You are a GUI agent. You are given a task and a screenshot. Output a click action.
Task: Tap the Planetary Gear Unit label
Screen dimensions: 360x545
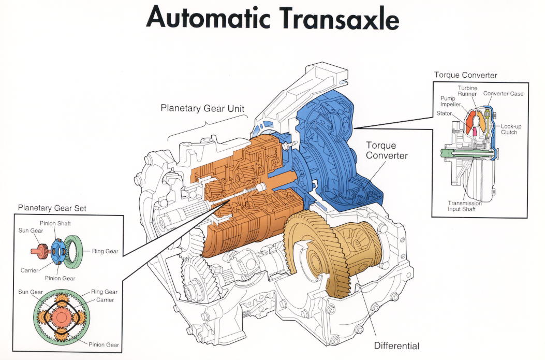[x=202, y=108]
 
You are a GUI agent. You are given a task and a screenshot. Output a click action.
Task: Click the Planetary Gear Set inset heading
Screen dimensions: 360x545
[x=52, y=208]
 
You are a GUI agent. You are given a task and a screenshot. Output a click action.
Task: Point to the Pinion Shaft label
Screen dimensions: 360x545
[x=55, y=223]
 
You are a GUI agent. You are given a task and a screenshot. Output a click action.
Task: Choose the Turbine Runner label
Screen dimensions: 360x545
[x=467, y=92]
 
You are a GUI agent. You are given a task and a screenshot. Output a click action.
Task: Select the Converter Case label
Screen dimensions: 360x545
[x=504, y=94]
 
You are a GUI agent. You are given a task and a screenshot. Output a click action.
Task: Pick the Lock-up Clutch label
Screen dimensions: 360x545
[x=509, y=129]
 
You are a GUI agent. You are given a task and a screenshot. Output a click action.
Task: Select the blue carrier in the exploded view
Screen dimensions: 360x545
[x=57, y=250]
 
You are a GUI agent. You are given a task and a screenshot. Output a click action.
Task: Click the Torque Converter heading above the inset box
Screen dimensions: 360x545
[x=465, y=75]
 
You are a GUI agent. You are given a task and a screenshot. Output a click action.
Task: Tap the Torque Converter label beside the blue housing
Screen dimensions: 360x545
[x=387, y=150]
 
